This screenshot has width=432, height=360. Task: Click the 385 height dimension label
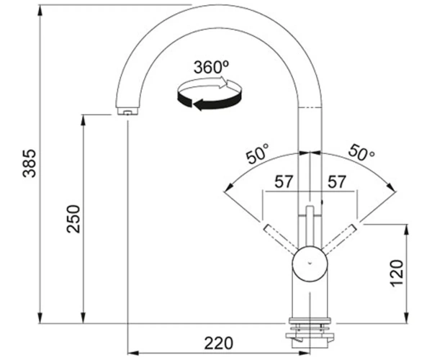coord(30,163)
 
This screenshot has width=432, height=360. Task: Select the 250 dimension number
coord(73,219)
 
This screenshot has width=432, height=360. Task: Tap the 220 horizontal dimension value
coord(218,343)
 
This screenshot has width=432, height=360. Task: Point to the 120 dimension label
coord(397,273)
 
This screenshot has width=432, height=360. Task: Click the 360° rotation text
coord(211,67)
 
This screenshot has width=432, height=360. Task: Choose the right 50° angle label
coord(361,153)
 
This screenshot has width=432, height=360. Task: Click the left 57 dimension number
coord(284,181)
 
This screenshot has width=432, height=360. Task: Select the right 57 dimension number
coord(336,181)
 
